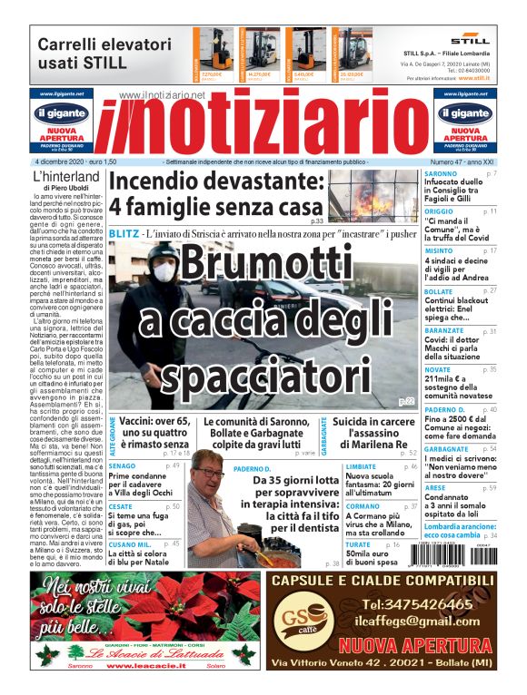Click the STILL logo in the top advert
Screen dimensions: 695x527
pyautogui.click(x=470, y=40)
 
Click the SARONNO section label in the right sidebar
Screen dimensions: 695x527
pyautogui.click(x=441, y=173)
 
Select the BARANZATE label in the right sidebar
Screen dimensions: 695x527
pyautogui.click(x=445, y=332)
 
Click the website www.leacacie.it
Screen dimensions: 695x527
pyautogui.click(x=140, y=667)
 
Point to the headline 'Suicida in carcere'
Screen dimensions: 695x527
pyautogui.click(x=374, y=423)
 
